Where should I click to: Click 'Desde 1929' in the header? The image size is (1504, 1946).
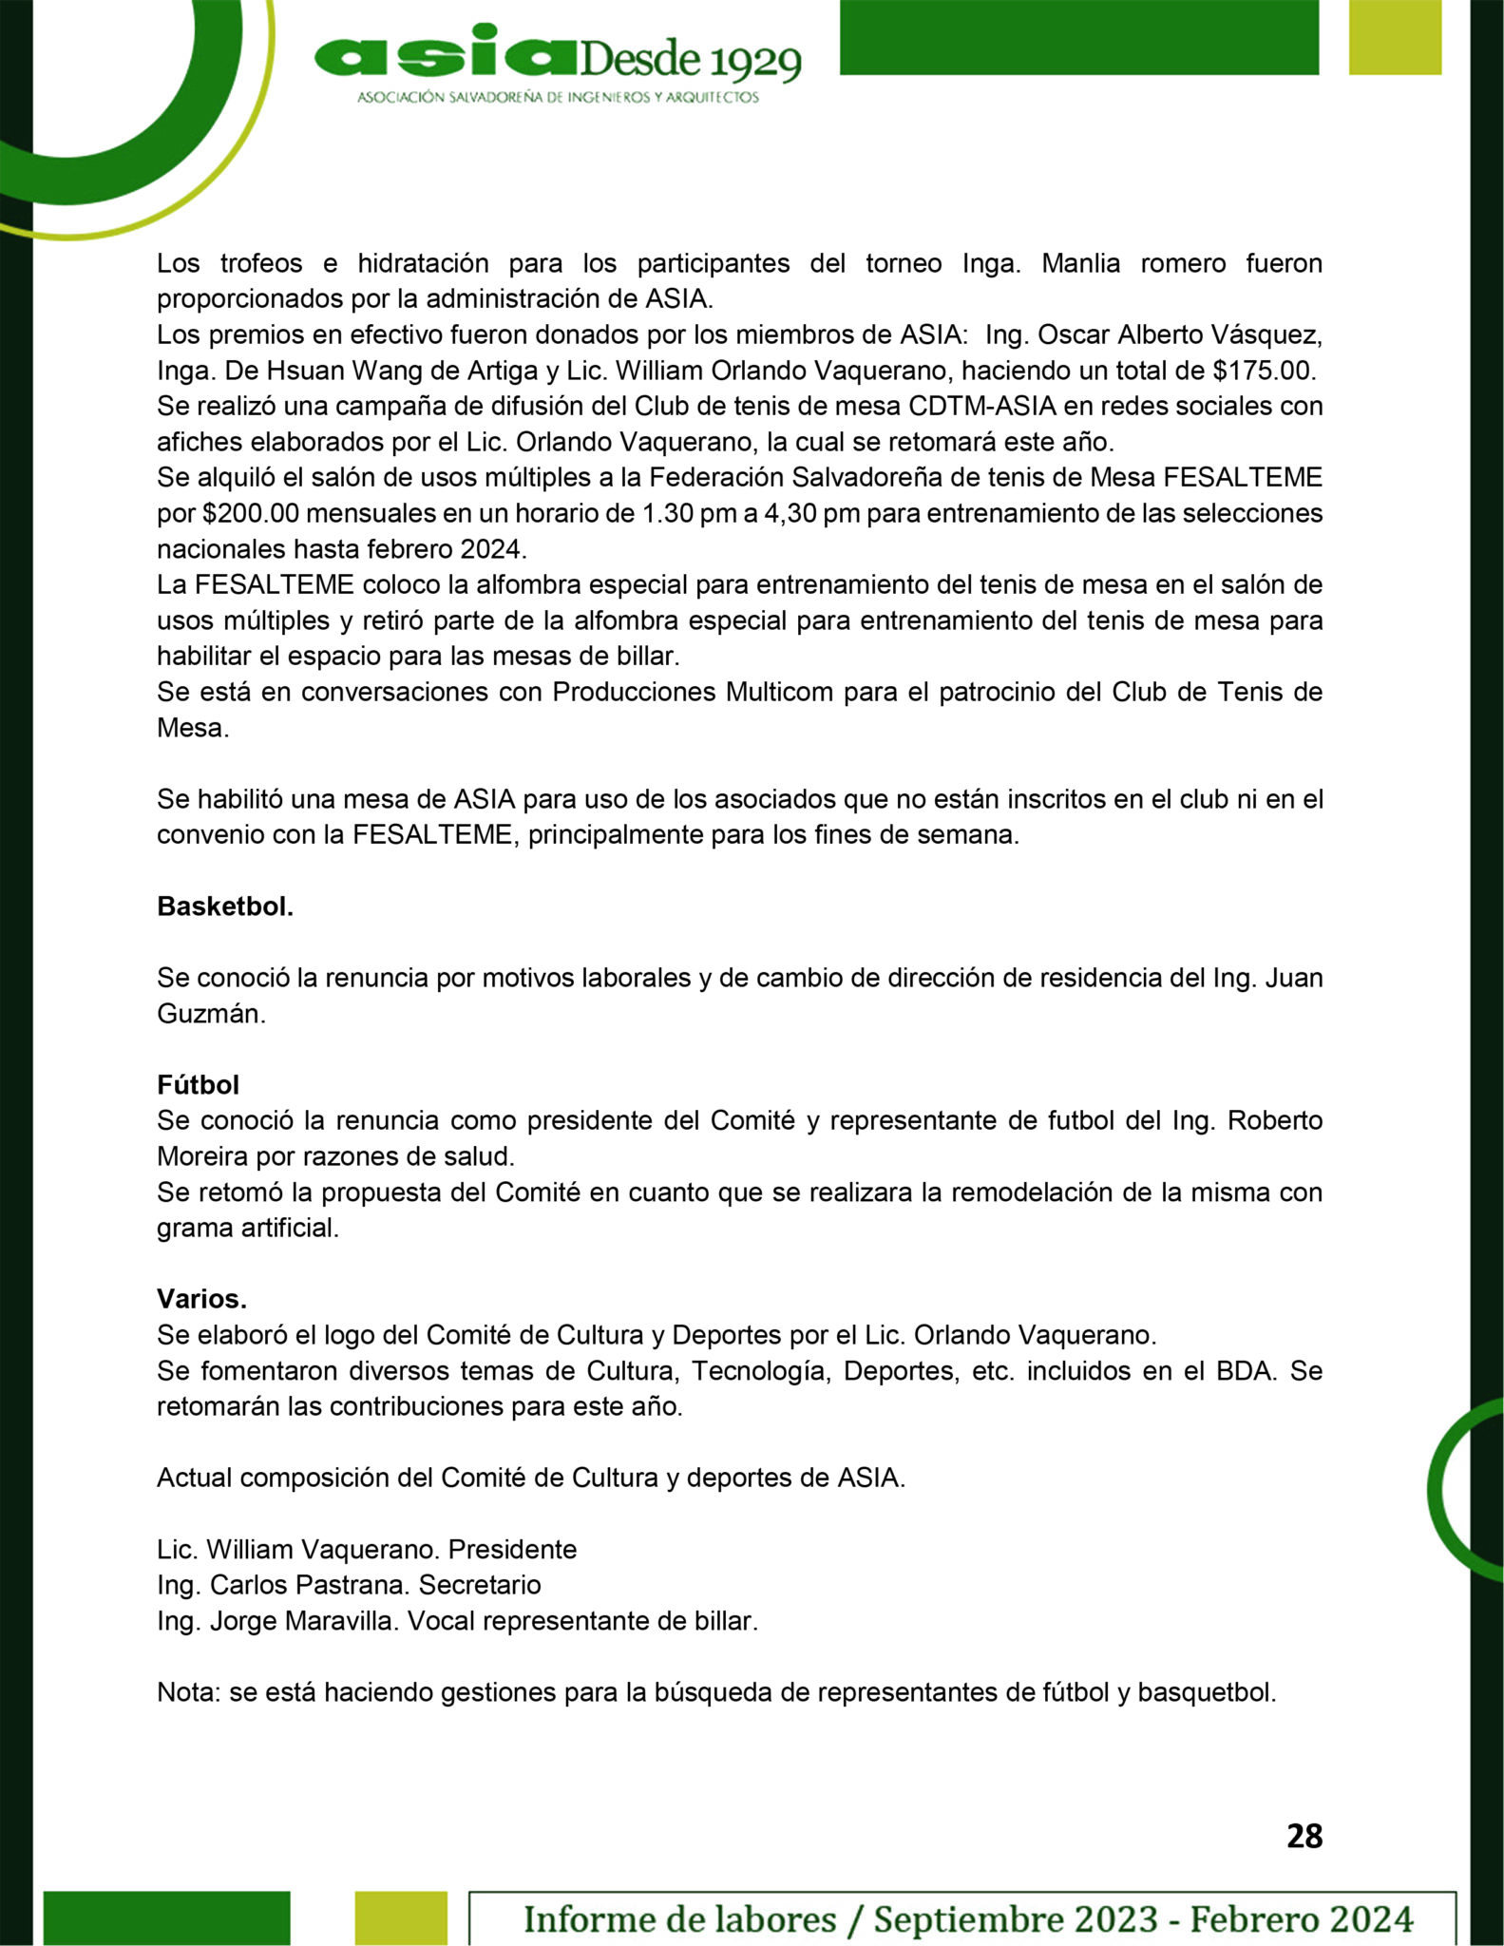pos(688,63)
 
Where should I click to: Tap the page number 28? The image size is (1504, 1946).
pos(1304,1836)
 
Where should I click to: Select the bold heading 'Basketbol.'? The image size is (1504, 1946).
pos(225,906)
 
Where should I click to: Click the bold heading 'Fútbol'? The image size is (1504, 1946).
pos(198,1084)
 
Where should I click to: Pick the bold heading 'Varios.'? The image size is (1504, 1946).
pos(201,1299)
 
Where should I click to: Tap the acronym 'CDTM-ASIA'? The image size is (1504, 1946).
pos(982,406)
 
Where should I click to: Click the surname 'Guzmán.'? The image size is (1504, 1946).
pos(211,1014)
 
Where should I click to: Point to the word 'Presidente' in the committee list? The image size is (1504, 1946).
pos(512,1550)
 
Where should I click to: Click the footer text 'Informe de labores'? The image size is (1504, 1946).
pos(679,1918)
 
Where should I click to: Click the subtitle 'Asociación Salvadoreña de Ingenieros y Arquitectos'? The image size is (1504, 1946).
pos(558,98)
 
